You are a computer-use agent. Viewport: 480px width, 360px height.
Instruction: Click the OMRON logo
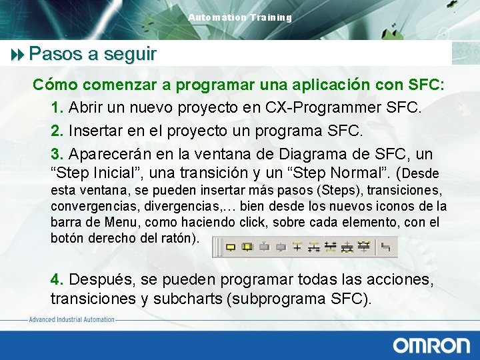pyautogui.click(x=431, y=345)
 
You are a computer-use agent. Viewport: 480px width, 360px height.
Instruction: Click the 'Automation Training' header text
pyautogui.click(x=240, y=17)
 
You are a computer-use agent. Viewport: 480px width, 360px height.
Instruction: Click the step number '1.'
pyautogui.click(x=57, y=108)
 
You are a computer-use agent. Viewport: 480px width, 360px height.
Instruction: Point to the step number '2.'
pyautogui.click(x=57, y=131)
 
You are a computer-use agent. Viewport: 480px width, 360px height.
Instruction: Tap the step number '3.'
pyautogui.click(x=57, y=155)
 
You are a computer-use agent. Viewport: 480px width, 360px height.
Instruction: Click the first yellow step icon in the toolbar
pyautogui.click(x=231, y=247)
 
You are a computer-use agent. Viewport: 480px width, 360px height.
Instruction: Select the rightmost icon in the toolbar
pyautogui.click(x=385, y=247)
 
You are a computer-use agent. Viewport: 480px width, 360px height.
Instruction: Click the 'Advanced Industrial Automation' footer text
pyautogui.click(x=71, y=320)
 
